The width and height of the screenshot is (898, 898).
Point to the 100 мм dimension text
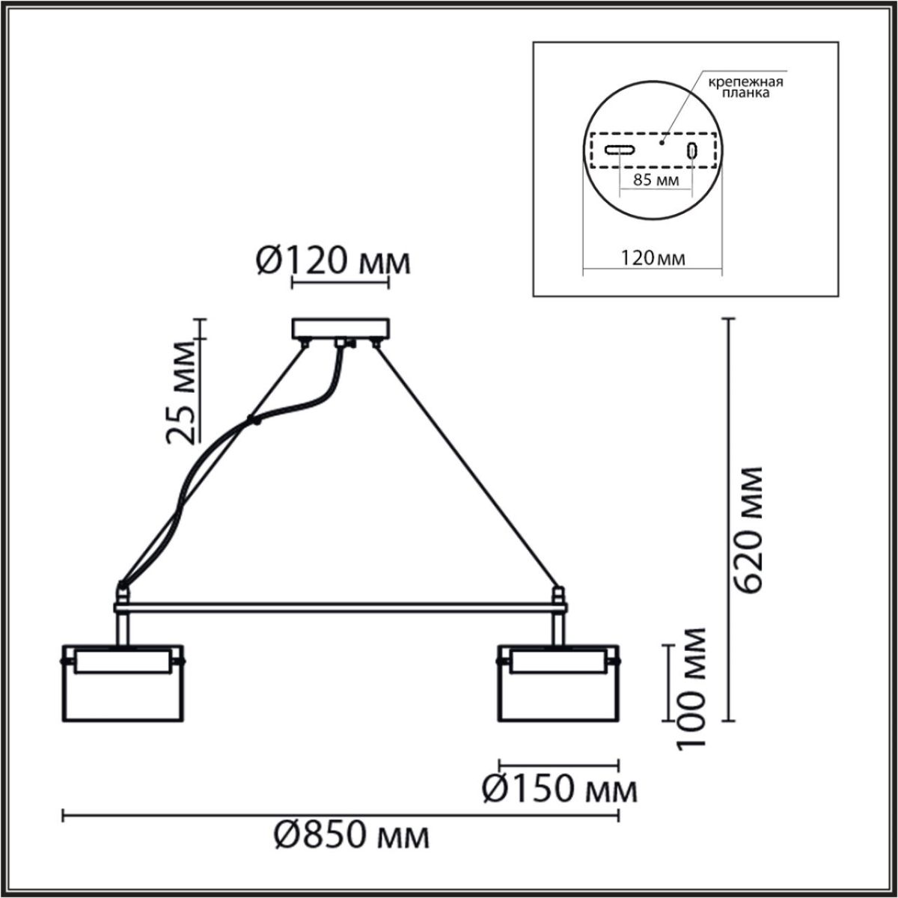pyautogui.click(x=692, y=688)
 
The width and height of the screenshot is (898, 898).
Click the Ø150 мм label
pyautogui.click(x=558, y=789)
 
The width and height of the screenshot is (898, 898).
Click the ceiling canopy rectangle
pyautogui.click(x=341, y=329)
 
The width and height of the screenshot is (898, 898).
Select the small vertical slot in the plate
pyautogui.click(x=693, y=150)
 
